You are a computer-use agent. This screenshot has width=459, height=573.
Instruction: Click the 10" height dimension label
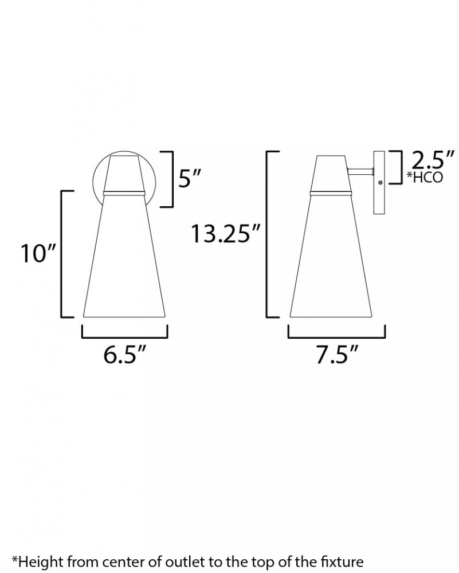point(38,253)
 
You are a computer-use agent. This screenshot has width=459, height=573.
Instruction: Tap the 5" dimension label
point(190,178)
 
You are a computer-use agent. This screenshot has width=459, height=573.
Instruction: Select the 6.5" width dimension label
point(124,354)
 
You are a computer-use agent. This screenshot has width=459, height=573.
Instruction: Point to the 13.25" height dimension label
point(225,234)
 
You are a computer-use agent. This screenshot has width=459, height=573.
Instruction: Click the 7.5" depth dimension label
point(337,354)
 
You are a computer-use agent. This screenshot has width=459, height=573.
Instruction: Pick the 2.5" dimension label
point(433,159)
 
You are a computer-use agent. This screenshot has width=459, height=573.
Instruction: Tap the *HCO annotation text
point(425,177)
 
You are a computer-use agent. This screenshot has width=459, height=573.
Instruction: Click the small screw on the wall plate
point(380,182)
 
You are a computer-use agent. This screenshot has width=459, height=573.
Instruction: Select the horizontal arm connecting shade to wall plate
point(360,171)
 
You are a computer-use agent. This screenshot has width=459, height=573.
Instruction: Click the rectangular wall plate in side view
point(379,182)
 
